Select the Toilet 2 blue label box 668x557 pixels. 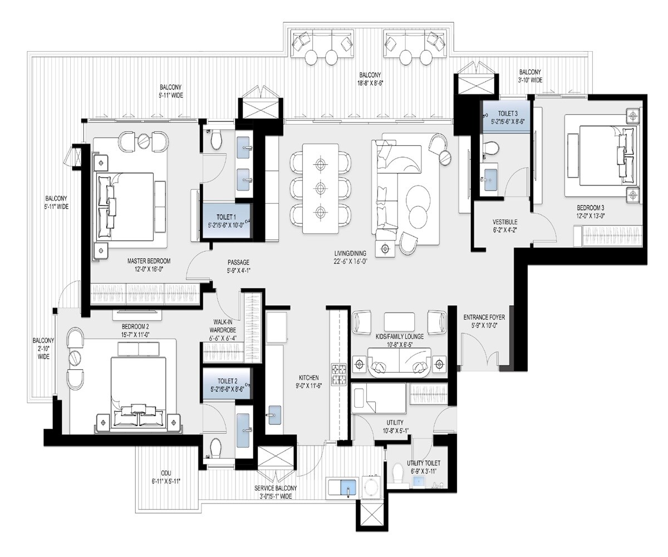tap(227, 385)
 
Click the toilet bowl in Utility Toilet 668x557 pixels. tap(399, 473)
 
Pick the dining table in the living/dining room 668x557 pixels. tap(320, 188)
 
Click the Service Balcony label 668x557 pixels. tap(276, 492)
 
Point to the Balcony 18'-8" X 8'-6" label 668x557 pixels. tap(370, 79)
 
